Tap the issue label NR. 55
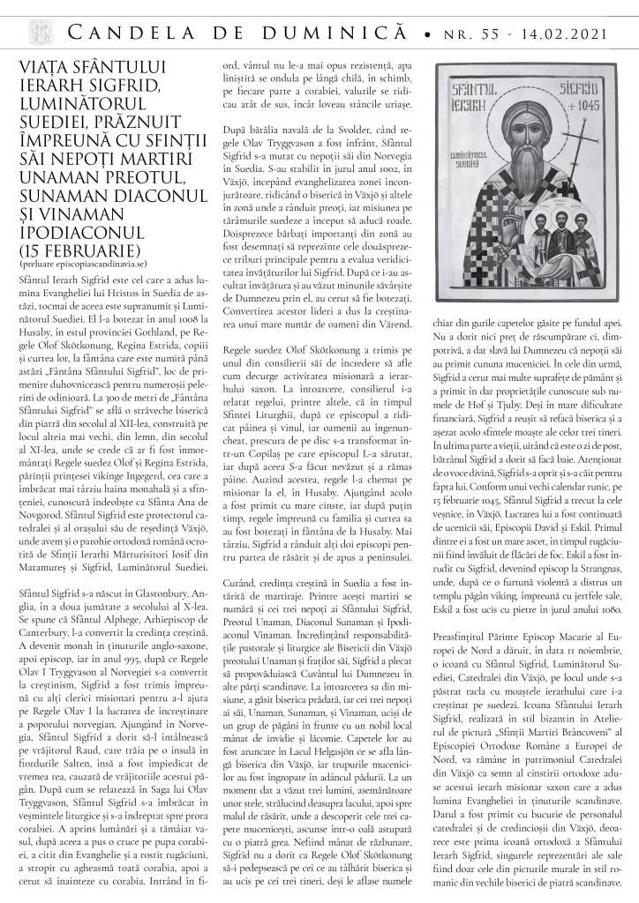473,34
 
